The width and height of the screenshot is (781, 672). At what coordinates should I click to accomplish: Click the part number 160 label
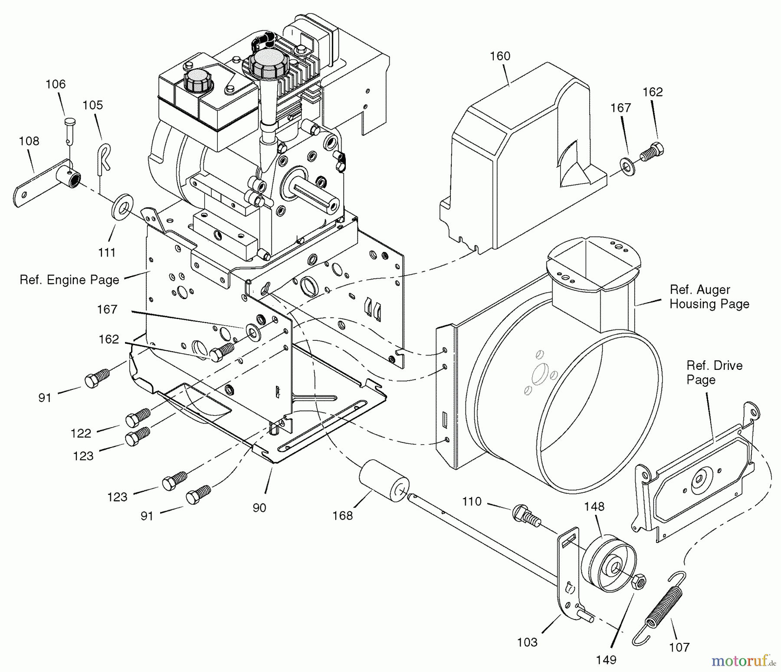point(500,56)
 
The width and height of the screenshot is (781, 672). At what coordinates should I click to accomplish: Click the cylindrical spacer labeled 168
point(384,482)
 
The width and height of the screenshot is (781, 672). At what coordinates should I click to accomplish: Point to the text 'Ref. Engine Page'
point(69,280)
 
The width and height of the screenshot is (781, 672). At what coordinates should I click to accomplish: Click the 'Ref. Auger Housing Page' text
point(709,296)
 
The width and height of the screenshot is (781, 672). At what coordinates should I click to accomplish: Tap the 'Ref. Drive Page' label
point(714,372)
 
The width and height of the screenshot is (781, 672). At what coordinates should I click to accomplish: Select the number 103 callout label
point(527,642)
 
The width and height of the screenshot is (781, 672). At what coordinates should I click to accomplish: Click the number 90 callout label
point(259,507)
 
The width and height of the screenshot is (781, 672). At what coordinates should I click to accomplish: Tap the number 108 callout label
point(29,141)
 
